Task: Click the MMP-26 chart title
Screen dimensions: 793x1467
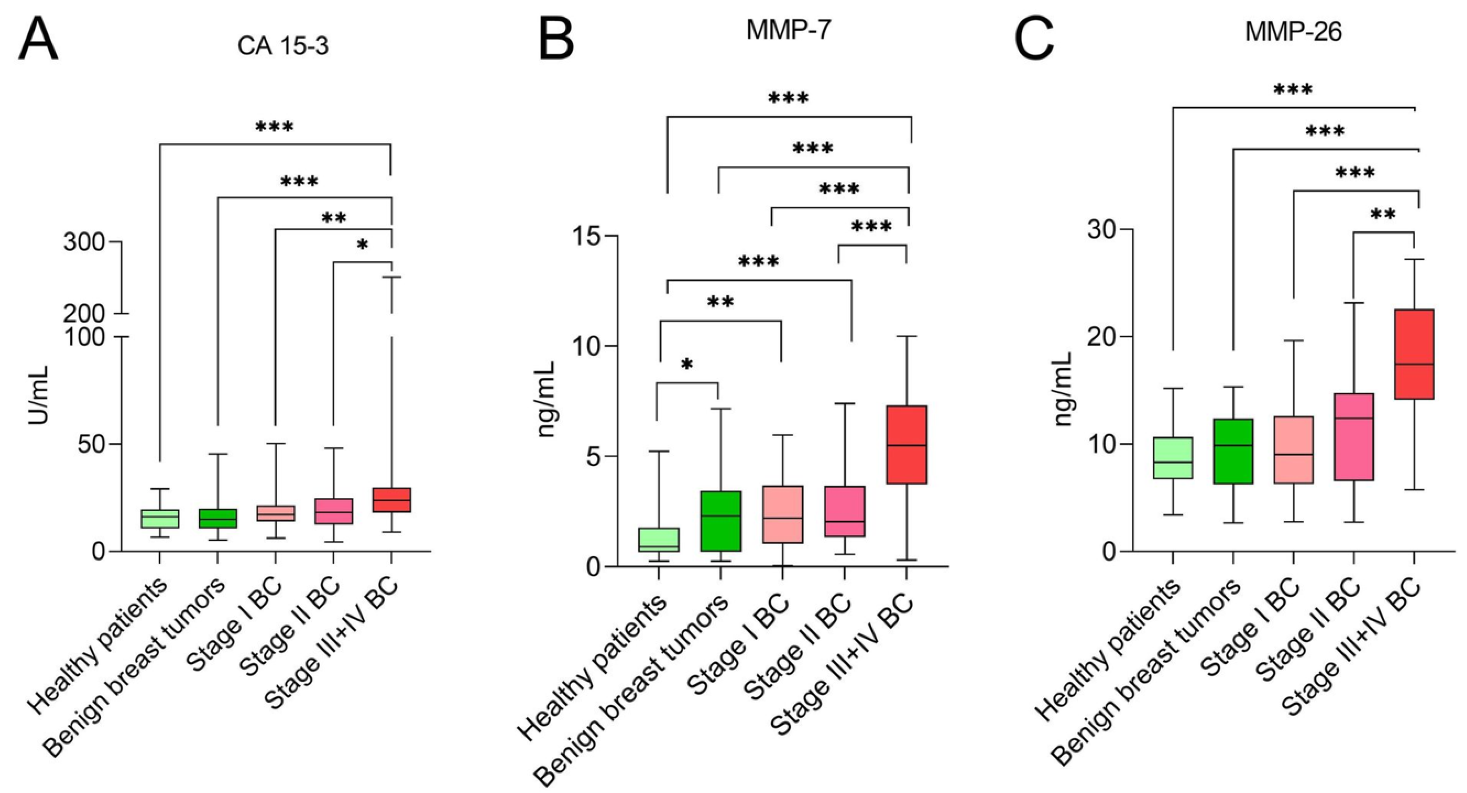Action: point(1293,32)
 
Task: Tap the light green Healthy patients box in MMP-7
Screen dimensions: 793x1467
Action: point(659,540)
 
